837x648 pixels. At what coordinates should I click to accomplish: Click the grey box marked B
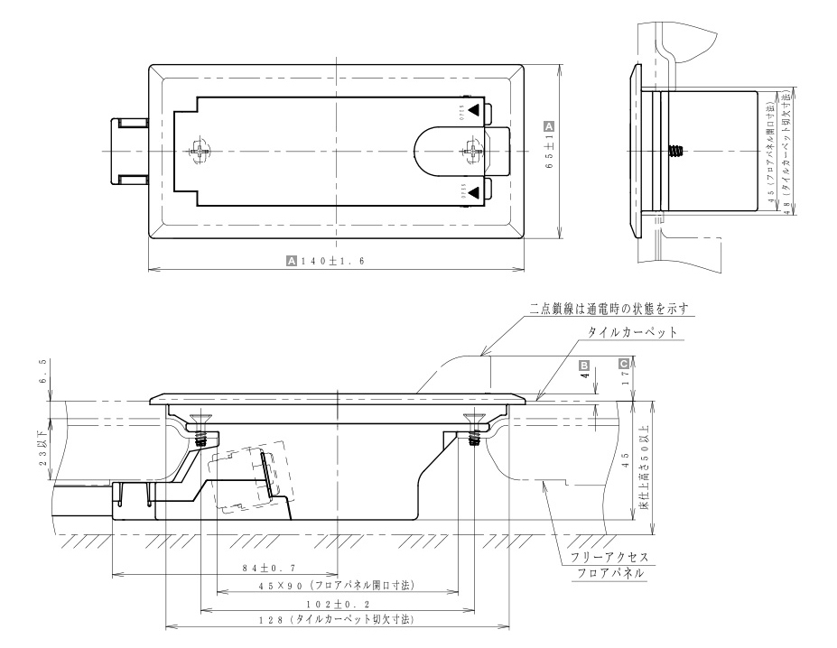pyautogui.click(x=584, y=366)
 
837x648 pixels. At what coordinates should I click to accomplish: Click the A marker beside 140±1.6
pyautogui.click(x=291, y=260)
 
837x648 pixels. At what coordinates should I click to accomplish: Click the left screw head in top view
pyautogui.click(x=200, y=150)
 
